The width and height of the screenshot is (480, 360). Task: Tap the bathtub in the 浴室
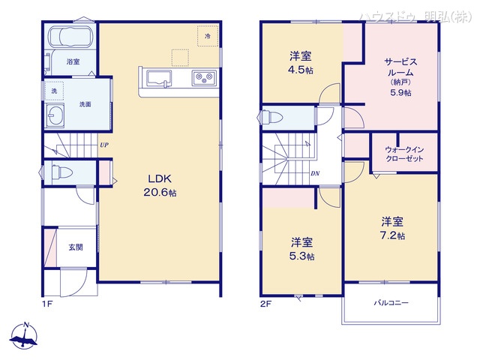click(x=70, y=37)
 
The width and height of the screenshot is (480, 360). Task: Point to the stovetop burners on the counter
click(x=204, y=76)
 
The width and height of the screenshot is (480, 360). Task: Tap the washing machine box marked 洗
click(x=53, y=91)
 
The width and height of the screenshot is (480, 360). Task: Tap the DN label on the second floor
click(x=316, y=173)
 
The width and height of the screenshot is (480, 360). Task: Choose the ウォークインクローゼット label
click(x=405, y=154)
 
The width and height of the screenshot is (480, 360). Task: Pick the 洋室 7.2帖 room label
click(x=392, y=227)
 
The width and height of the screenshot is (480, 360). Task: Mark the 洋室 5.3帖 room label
click(x=302, y=248)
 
